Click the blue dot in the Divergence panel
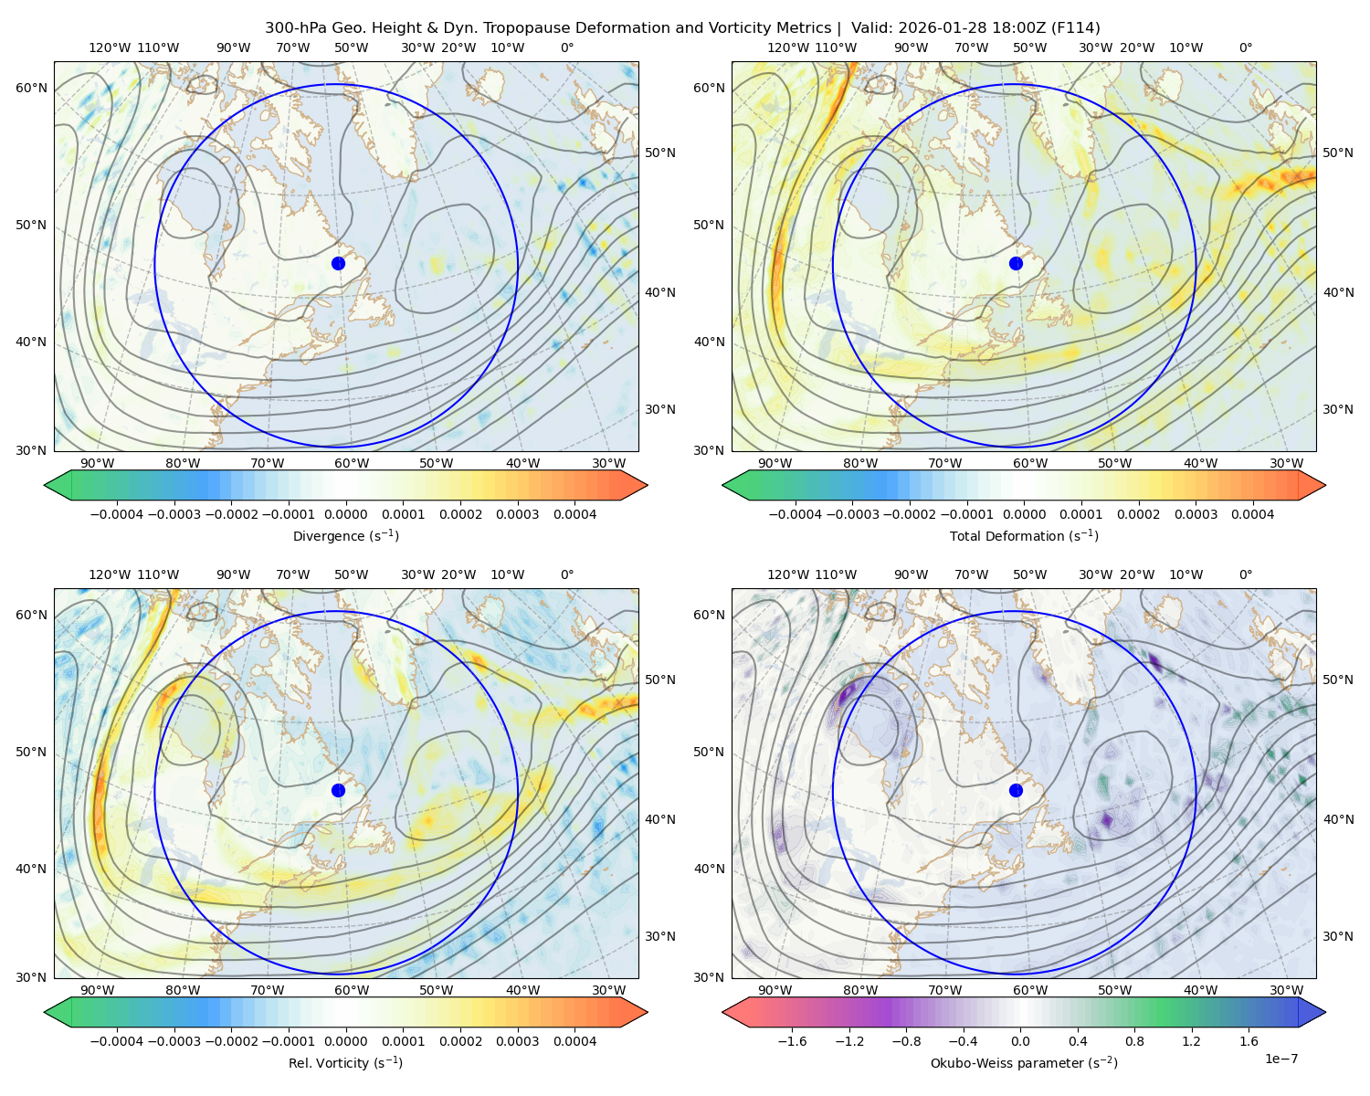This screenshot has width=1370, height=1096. [x=338, y=264]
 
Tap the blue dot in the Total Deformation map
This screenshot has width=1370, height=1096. [x=1016, y=264]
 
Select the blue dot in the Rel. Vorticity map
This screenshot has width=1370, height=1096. [x=338, y=790]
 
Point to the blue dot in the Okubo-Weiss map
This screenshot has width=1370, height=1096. [x=1016, y=790]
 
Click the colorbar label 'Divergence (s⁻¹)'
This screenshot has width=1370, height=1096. [x=345, y=536]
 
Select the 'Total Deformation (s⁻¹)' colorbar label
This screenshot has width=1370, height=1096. [x=1024, y=536]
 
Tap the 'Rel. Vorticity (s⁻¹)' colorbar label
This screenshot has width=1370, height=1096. [x=345, y=1063]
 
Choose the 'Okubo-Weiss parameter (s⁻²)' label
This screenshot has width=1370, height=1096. [x=1024, y=1063]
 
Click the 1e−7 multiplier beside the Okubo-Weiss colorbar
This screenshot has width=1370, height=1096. [x=1280, y=1059]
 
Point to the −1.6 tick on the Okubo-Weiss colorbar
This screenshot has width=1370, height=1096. [x=792, y=1041]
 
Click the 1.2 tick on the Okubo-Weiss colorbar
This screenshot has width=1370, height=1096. [x=1191, y=1041]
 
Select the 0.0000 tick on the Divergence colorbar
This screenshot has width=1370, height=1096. [x=345, y=514]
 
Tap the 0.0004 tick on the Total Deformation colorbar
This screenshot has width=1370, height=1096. [x=1252, y=514]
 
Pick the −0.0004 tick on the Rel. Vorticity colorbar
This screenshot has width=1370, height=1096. [x=117, y=1041]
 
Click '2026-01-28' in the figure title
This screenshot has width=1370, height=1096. [x=934, y=28]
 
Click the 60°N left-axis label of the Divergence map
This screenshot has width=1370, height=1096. [x=31, y=88]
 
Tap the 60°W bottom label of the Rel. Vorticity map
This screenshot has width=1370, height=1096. [x=352, y=990]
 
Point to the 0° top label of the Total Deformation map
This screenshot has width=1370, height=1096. [x=1246, y=47]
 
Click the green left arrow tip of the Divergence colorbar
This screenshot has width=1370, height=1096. [x=45, y=485]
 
